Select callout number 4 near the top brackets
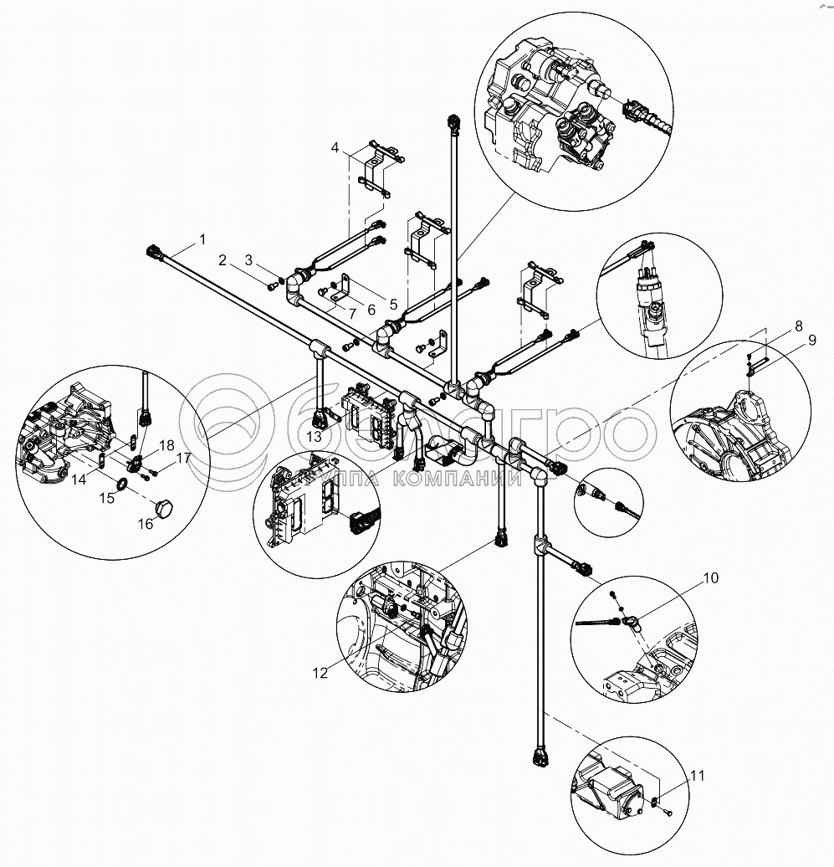pos(335,148)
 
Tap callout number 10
pos(710,577)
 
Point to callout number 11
pos(697,776)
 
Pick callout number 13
pos(314,437)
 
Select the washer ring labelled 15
pos(121,485)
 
